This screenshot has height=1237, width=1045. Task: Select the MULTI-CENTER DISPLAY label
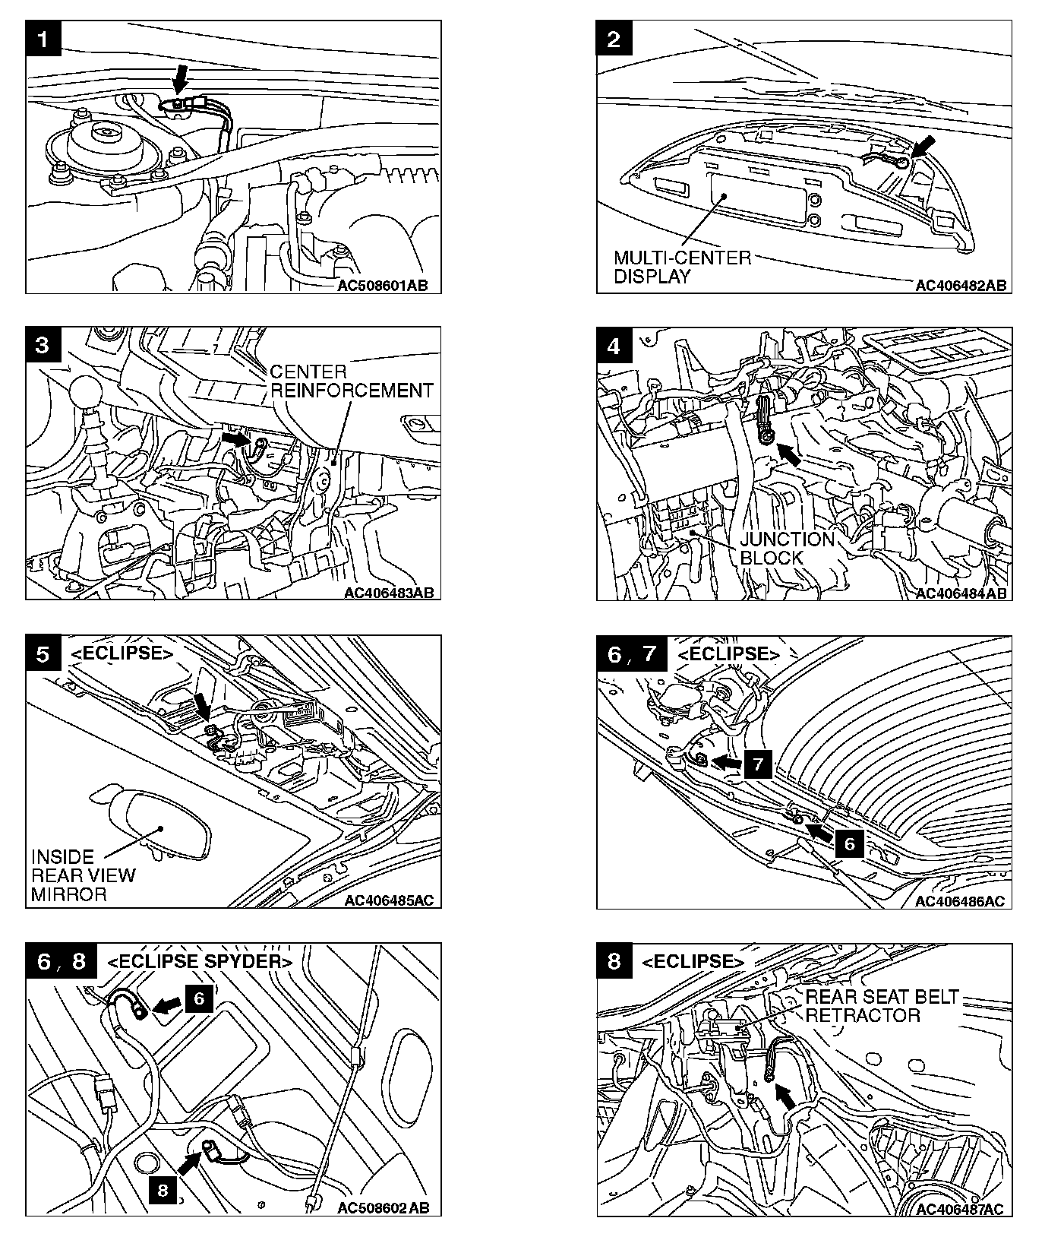coord(681,267)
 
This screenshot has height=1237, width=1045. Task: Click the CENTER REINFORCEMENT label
coord(351,381)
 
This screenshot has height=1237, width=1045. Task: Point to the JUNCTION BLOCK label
coord(787,548)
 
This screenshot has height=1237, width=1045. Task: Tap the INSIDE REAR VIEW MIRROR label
coord(83,875)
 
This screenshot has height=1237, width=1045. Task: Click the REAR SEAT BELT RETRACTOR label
coord(882,1005)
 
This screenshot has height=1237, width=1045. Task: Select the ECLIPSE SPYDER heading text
coord(200,961)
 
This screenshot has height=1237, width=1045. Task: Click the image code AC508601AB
coord(383,286)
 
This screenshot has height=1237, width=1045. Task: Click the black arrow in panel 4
coord(790,454)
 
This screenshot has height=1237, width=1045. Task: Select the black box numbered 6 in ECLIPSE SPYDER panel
coord(199,997)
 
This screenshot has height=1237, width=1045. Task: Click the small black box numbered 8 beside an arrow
coord(163,1190)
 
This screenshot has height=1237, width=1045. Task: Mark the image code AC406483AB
coord(388,593)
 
